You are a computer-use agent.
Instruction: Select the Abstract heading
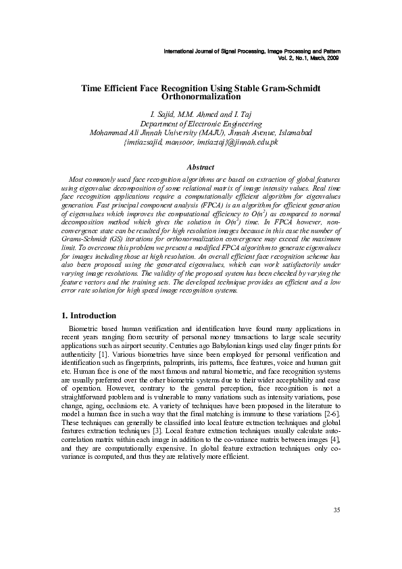point(200,167)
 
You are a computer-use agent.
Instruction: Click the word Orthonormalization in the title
point(200,98)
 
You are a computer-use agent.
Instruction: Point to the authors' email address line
point(201,143)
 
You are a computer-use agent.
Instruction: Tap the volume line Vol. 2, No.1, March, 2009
point(308,58)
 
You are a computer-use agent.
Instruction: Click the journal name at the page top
point(253,51)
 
